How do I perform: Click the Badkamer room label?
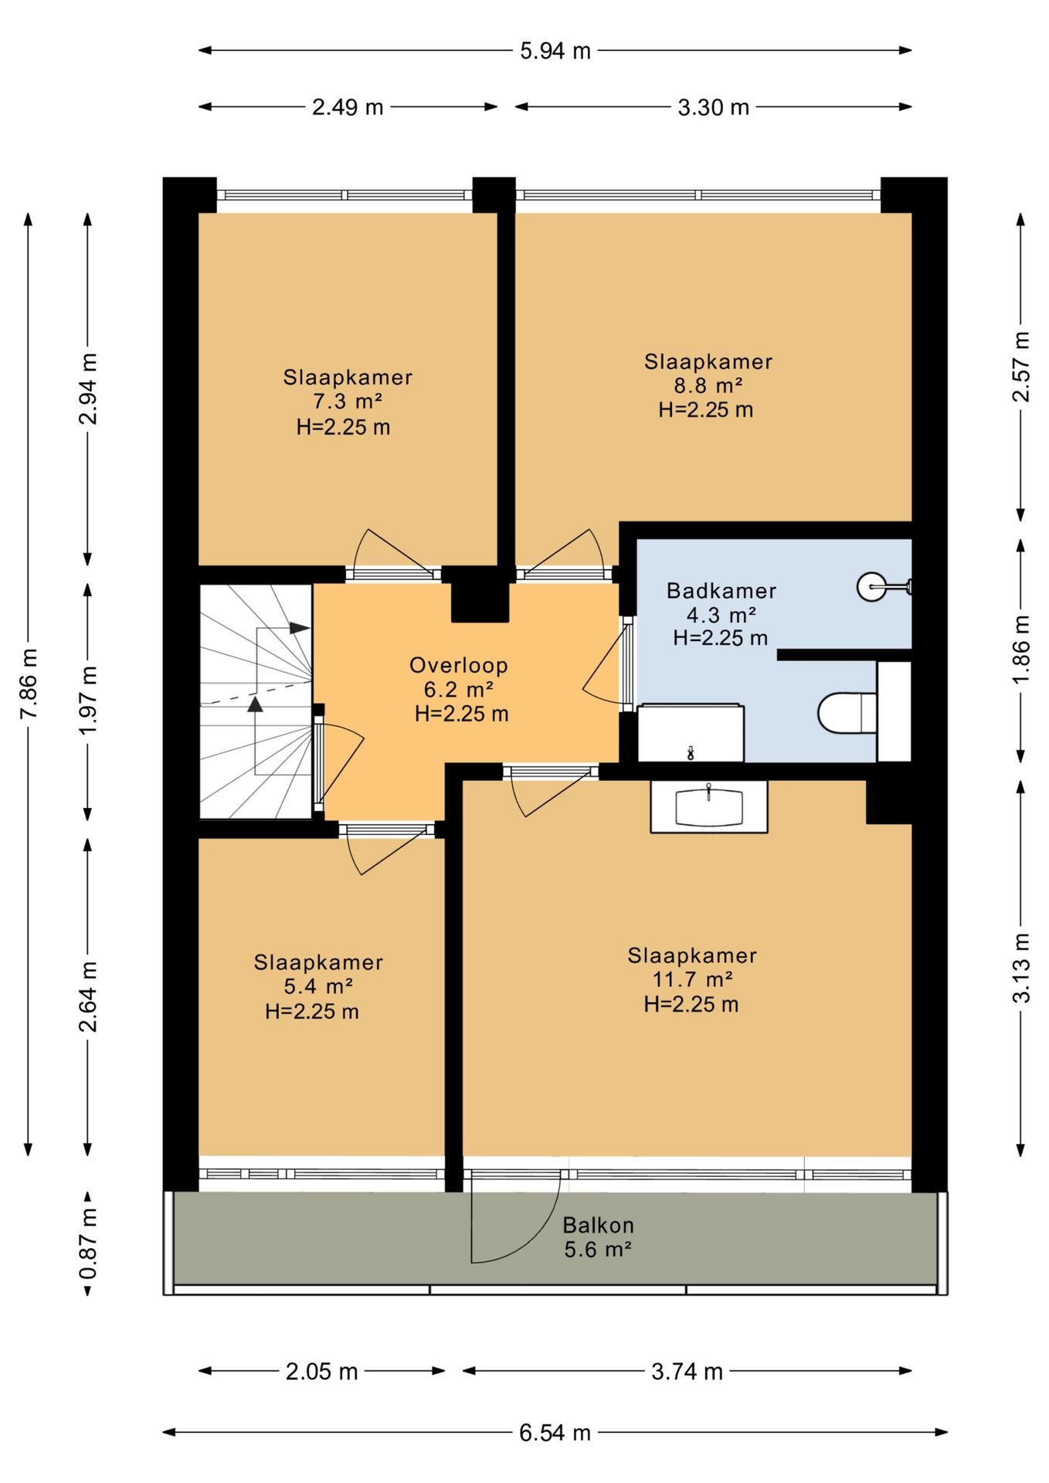tap(721, 591)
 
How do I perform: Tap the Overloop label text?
tap(459, 665)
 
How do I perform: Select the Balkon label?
tap(598, 1225)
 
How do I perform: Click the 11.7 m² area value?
tap(692, 979)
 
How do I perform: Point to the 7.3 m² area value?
tap(348, 402)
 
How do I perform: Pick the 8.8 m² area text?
tap(708, 385)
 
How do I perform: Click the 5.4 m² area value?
tap(318, 986)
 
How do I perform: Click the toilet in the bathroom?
tap(847, 712)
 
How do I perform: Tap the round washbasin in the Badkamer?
tap(873, 587)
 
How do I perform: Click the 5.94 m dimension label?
tap(555, 51)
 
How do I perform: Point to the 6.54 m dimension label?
tap(555, 1433)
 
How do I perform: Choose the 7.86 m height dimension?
tap(29, 684)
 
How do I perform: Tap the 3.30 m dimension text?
tap(713, 107)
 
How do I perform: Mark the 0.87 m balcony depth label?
tap(89, 1244)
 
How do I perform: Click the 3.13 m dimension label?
tap(1021, 967)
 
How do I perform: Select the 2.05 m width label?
tap(321, 1372)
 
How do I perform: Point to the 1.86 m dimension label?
tap(1021, 649)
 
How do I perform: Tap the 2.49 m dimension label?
tap(348, 107)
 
